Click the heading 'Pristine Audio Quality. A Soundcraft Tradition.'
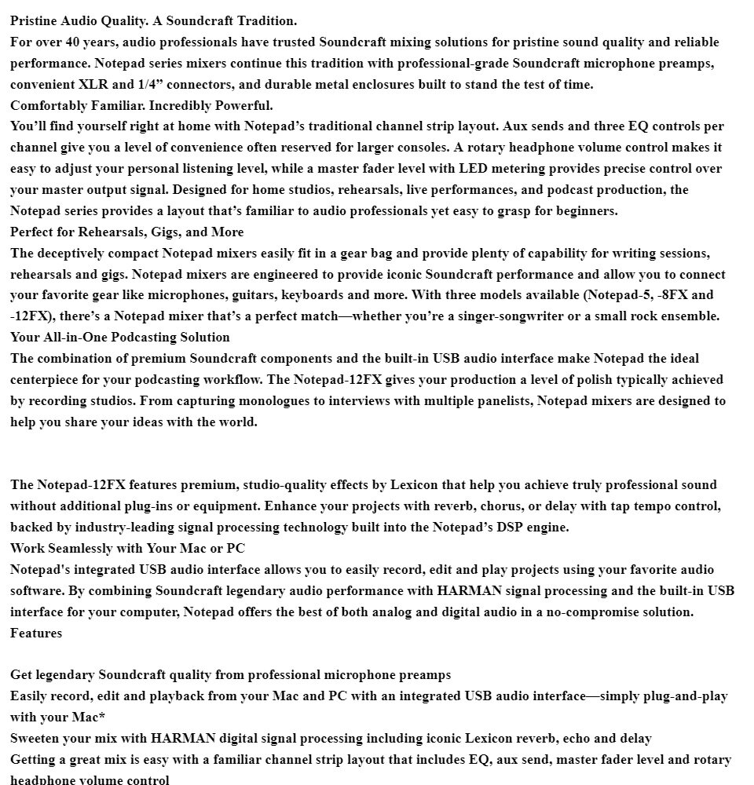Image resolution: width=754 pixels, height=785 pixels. (153, 21)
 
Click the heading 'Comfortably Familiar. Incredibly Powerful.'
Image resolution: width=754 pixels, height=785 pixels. (141, 106)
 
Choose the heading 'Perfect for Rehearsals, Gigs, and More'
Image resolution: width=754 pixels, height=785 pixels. (126, 232)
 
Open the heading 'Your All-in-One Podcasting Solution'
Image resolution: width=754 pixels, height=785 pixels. (119, 338)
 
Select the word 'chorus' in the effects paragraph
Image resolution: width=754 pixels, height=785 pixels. (500, 506)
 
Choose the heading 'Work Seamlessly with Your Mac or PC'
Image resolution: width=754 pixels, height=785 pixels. (127, 549)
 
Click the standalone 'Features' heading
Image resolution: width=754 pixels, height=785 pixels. (35, 633)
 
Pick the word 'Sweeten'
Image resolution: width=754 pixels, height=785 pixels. (37, 739)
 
